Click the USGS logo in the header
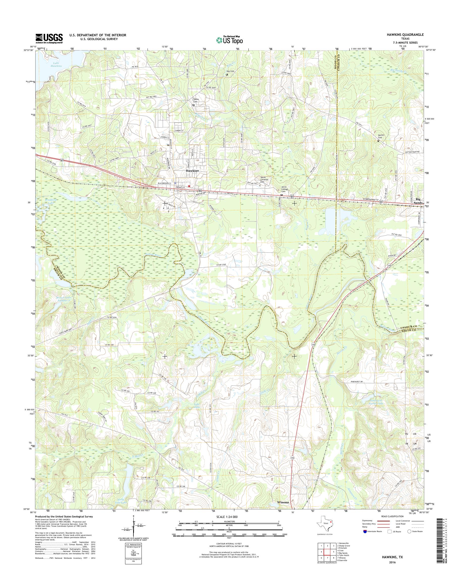49,38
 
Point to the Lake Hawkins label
56,64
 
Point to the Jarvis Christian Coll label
263,179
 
